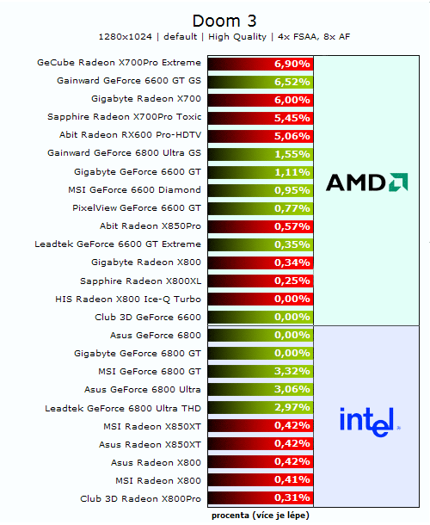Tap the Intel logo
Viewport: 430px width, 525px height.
pyautogui.click(x=369, y=420)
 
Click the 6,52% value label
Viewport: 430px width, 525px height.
pyautogui.click(x=292, y=82)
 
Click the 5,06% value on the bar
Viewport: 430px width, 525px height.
pyautogui.click(x=292, y=136)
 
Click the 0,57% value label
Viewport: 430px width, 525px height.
pyautogui.click(x=292, y=226)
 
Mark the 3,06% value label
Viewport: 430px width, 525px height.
pyautogui.click(x=292, y=390)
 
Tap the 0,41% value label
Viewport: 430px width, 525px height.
pyautogui.click(x=292, y=480)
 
